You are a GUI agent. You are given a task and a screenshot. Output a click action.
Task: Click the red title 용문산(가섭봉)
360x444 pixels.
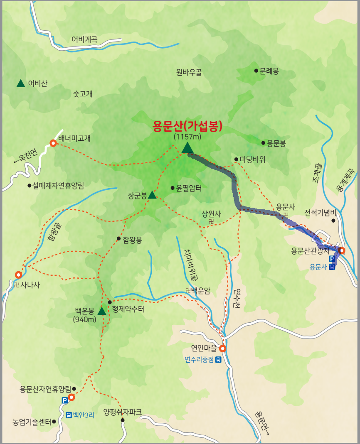(x=187, y=125)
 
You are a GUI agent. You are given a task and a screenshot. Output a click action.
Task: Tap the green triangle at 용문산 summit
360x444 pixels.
(x=187, y=147)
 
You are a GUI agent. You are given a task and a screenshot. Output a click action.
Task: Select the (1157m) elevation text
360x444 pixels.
(x=187, y=136)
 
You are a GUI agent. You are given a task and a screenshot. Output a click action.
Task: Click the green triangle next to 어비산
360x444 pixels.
(x=20, y=83)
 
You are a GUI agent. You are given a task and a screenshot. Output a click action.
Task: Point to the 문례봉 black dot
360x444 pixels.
(x=256, y=71)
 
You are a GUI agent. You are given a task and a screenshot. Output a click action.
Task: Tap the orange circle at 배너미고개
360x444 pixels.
(x=53, y=143)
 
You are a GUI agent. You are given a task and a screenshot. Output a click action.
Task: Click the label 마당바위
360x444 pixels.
(x=252, y=159)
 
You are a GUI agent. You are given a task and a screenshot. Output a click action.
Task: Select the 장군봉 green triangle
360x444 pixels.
(x=152, y=195)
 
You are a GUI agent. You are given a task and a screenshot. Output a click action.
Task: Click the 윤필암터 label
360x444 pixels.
(x=189, y=188)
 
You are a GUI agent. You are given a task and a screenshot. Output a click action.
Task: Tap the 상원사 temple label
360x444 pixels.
(x=211, y=214)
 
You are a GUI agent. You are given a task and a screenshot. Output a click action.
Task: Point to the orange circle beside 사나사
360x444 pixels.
(x=18, y=275)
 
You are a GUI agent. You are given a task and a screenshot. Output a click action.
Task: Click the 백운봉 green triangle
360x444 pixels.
(x=102, y=311)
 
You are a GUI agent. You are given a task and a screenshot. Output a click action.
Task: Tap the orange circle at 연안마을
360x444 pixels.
(x=222, y=348)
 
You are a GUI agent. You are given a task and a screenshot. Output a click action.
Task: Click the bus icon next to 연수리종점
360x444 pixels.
(x=218, y=360)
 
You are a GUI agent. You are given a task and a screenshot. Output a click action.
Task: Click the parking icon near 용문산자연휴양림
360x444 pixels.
(x=64, y=400)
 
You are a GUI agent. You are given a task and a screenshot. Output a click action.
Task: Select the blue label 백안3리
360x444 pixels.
(x=84, y=415)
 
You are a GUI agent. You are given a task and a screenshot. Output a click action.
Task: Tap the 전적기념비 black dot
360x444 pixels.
(x=333, y=221)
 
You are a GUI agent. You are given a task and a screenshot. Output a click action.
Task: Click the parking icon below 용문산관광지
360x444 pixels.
(x=332, y=259)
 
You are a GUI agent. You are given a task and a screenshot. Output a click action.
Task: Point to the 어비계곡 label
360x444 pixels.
(x=84, y=40)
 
